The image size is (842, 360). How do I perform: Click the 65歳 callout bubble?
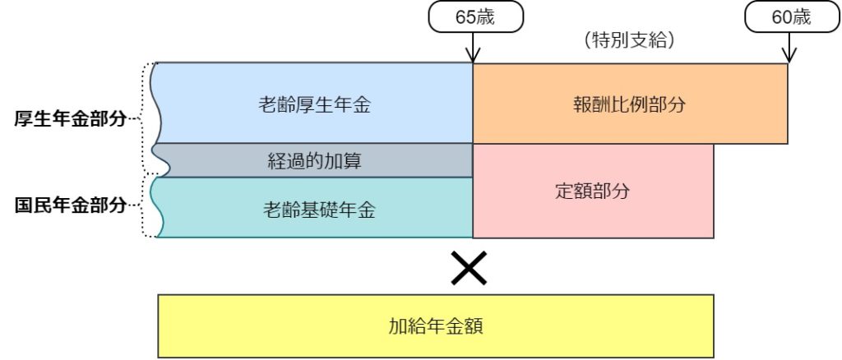click(475, 16)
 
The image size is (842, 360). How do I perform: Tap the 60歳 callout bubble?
click(792, 16)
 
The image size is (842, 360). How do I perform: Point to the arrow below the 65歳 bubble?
click(473, 47)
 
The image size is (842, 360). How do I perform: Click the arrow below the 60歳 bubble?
click(789, 47)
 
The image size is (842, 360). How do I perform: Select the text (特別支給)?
click(628, 40)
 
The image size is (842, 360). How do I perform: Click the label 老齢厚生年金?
click(314, 105)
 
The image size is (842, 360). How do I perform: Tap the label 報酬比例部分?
click(629, 105)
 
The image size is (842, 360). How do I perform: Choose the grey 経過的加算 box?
click(313, 160)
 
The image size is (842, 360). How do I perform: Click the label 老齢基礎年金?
click(319, 210)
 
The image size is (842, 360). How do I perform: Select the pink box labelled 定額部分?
click(593, 191)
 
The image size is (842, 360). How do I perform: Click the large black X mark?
click(469, 267)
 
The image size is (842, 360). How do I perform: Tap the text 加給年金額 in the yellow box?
click(436, 326)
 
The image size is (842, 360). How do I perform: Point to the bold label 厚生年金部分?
click(71, 119)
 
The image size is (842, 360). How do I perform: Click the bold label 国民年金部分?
click(71, 205)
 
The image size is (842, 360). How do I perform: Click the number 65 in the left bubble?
click(465, 17)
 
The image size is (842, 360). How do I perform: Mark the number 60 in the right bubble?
click(781, 17)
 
